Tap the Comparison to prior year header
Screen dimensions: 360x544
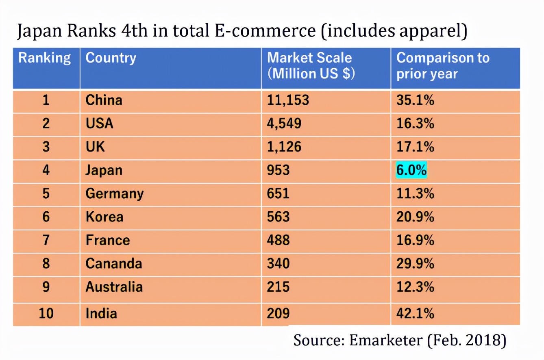coord(443,65)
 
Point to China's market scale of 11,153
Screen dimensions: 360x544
coord(288,100)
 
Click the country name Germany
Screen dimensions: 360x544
coord(114,193)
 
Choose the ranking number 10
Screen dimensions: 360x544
coord(46,313)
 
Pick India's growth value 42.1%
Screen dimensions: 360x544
coord(415,313)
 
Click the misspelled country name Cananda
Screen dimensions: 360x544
coord(114,263)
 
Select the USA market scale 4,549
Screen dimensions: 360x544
coord(284,123)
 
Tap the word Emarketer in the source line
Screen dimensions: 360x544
coord(385,340)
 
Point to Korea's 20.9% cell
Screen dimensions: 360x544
coord(415,217)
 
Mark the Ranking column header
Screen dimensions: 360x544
coord(45,58)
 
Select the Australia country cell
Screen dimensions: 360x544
coord(114,287)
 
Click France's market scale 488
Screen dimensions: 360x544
coord(278,240)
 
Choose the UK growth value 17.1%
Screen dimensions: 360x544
coord(415,147)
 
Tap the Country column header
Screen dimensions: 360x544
coord(111,58)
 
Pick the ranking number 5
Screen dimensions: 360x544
coord(46,193)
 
